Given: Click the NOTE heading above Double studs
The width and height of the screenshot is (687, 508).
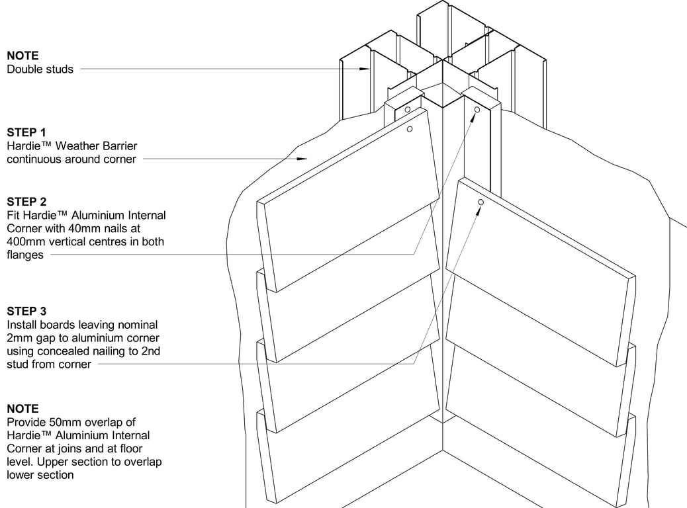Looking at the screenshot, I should pyautogui.click(x=23, y=56).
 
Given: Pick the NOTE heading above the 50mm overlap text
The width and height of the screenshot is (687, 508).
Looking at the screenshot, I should pyautogui.click(x=23, y=409).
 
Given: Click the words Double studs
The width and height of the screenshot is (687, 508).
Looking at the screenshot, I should pyautogui.click(x=40, y=69).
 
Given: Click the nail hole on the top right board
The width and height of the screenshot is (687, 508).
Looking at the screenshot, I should pyautogui.click(x=481, y=202).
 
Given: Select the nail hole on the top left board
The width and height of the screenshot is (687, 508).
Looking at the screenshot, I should pyautogui.click(x=410, y=130).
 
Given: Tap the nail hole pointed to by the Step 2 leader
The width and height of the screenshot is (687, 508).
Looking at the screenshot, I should pyautogui.click(x=476, y=110).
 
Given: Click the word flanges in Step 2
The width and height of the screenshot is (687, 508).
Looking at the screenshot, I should pyautogui.click(x=25, y=255).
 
